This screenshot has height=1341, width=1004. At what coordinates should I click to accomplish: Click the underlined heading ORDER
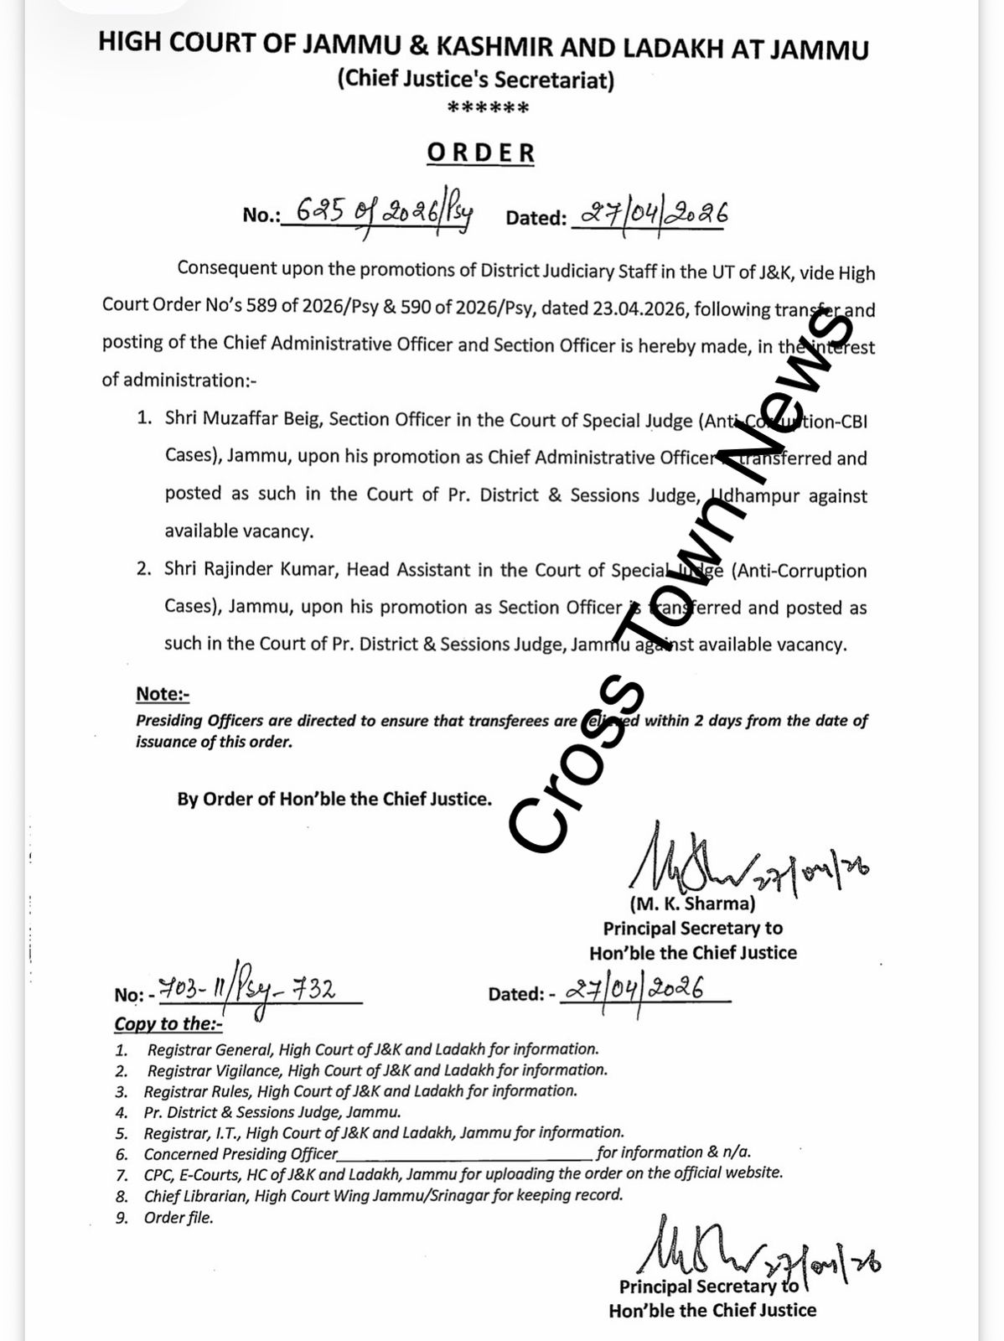pyautogui.click(x=480, y=153)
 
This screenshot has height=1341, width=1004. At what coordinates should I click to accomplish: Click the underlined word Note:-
pyautogui.click(x=163, y=694)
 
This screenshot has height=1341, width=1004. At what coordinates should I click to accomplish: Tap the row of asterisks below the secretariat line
pyautogui.click(x=488, y=108)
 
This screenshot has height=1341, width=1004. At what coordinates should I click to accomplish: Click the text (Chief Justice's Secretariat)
pyautogui.click(x=475, y=80)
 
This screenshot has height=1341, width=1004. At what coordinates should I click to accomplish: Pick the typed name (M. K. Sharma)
pyautogui.click(x=692, y=903)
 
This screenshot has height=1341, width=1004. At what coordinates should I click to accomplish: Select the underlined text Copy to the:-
pyautogui.click(x=168, y=1023)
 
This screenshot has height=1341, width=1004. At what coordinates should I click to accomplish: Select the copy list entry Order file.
pyautogui.click(x=179, y=1218)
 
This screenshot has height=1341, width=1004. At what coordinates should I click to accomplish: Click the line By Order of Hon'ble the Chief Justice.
pyautogui.click(x=334, y=799)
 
